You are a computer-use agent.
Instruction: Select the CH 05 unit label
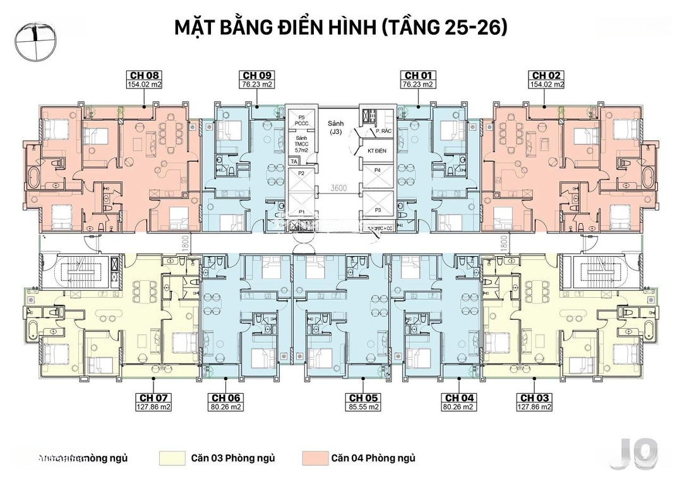(364, 398)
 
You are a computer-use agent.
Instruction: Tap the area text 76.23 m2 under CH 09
(256, 84)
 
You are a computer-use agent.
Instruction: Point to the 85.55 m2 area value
(364, 407)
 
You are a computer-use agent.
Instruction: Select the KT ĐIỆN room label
(376, 151)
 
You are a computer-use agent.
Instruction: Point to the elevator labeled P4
(377, 171)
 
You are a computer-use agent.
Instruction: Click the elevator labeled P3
(378, 210)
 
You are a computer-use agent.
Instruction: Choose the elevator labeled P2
(302, 173)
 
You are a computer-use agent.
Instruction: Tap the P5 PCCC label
(302, 121)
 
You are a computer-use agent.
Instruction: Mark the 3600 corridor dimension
(340, 188)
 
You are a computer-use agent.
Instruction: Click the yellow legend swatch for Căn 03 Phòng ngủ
(172, 458)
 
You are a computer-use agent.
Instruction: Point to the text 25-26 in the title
(479, 28)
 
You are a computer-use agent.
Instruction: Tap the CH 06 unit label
(226, 398)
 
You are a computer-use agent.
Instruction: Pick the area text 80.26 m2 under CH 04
(460, 407)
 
